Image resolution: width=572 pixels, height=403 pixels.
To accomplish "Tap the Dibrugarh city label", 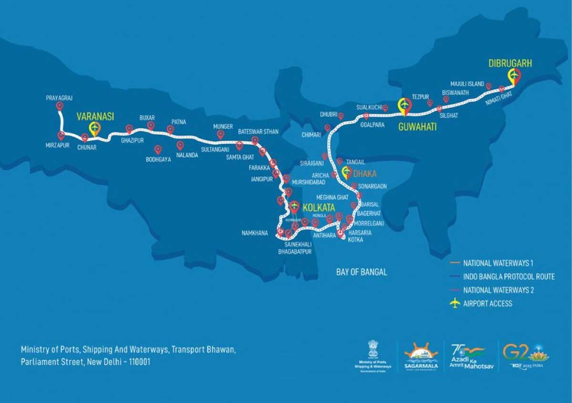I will tap(510, 62).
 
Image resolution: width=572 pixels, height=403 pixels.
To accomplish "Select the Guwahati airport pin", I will tap(405, 105).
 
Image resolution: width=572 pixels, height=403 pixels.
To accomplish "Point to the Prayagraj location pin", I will tap(59, 106).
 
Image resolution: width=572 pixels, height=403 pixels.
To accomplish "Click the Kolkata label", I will tap(318, 208).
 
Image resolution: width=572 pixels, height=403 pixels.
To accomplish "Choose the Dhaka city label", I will tap(365, 174).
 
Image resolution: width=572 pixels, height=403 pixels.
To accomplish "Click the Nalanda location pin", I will tap(180, 145).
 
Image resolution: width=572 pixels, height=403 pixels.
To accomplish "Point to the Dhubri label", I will tap(329, 115).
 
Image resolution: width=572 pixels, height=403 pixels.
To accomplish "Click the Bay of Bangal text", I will tap(361, 272).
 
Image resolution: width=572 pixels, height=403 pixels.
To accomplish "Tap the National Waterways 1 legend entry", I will tap(498, 263).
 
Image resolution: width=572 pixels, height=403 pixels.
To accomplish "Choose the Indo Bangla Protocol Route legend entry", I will tap(509, 277).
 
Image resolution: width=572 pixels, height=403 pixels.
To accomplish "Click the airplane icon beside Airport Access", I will tap(455, 303).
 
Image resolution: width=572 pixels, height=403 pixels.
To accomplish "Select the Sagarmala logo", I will tap(421, 355).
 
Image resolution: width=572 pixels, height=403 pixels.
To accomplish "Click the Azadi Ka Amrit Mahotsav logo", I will tap(467, 355).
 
